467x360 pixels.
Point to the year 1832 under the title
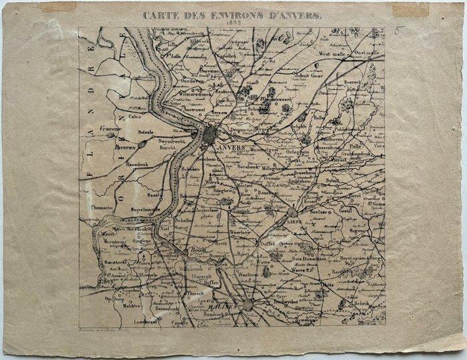click(233, 22)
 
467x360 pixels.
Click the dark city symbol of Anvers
click(209, 135)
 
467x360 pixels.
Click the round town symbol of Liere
click(292, 212)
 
